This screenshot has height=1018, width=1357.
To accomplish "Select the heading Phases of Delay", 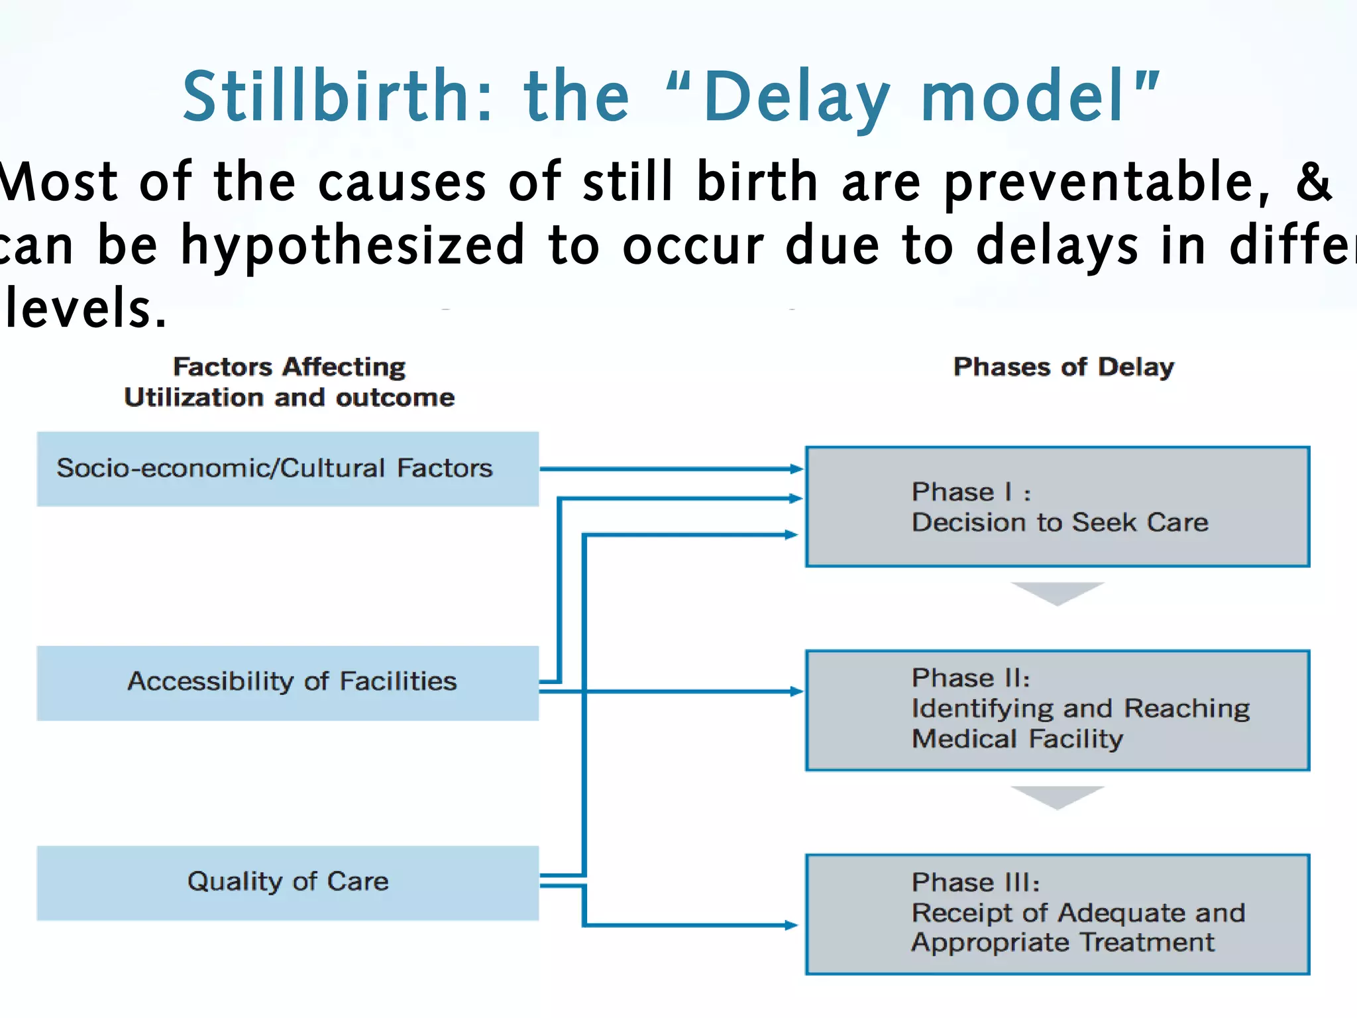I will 1063,367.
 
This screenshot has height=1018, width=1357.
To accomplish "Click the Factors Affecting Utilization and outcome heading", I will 290,382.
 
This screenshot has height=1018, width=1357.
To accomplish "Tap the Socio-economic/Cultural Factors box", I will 288,469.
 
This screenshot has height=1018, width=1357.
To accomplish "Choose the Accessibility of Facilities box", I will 288,683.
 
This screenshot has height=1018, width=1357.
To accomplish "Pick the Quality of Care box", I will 288,882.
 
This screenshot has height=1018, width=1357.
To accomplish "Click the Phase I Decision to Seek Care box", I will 1058,507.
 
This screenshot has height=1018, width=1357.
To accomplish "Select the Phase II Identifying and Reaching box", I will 1058,710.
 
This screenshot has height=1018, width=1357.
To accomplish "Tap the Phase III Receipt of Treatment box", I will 1058,914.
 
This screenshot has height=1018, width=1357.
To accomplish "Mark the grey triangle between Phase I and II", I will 1058,593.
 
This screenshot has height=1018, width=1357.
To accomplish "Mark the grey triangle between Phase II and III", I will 1058,797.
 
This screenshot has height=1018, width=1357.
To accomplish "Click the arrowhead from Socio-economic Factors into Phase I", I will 796,469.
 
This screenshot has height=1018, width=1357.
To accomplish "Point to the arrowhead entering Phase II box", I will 796,692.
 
